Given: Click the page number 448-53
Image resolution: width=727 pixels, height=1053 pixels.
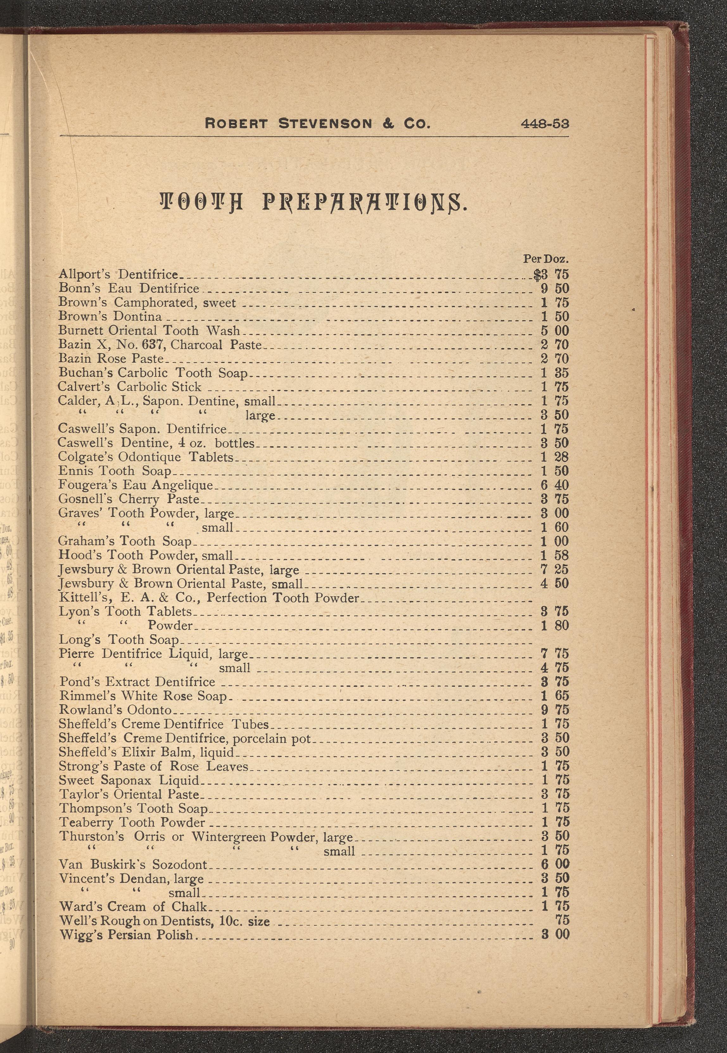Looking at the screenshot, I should pos(545,123).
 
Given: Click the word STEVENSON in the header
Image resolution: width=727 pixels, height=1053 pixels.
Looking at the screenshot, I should pos(325,123).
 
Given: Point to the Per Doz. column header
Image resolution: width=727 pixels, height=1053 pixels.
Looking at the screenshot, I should pos(545,259).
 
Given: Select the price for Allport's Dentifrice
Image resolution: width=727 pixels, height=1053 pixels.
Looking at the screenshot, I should pos(552,274).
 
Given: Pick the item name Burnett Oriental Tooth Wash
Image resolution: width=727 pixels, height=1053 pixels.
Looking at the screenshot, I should pos(149,330).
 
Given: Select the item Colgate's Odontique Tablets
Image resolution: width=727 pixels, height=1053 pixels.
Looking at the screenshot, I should pos(145,457).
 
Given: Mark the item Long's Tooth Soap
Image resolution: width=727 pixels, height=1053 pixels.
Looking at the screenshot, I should pos(119,640).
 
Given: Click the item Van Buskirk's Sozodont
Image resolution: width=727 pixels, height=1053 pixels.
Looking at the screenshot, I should pos(133,864).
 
